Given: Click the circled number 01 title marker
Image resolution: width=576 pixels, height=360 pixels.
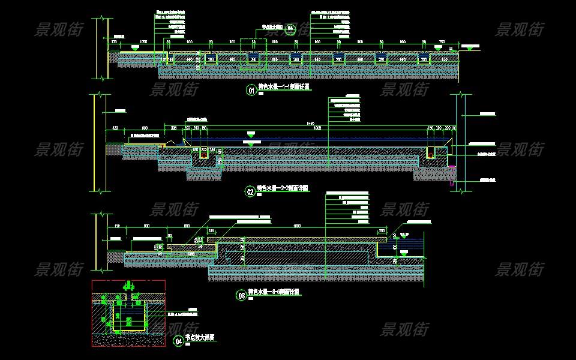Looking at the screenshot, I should tap(251, 91).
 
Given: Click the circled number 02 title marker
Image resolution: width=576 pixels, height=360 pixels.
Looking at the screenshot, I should tap(250, 192).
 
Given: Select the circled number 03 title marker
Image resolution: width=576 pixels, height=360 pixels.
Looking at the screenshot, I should tap(242, 295).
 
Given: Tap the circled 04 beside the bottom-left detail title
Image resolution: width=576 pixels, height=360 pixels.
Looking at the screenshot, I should tap(178, 341).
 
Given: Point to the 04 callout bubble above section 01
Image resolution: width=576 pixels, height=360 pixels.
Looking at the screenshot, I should tap(290, 29).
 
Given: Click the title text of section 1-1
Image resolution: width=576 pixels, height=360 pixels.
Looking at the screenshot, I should tap(284, 88).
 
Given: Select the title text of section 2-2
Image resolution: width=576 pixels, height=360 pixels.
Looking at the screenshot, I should tap(283, 188).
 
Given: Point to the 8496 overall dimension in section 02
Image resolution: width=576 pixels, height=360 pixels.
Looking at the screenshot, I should tap(310, 123).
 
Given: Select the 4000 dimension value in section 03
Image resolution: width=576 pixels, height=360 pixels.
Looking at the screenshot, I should tap(296, 226).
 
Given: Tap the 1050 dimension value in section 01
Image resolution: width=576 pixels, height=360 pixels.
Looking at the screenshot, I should tap(143, 42).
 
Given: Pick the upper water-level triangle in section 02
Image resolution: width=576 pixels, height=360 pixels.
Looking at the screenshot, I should tap(251, 134).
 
